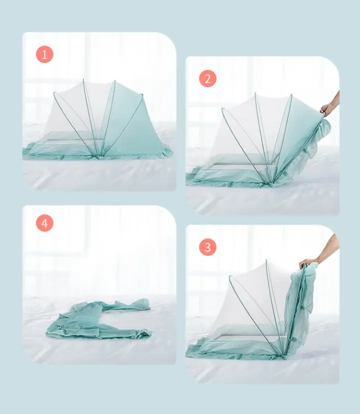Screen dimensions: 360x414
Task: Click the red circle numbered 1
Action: point(44,54)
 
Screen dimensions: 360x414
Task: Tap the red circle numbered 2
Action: point(207,78)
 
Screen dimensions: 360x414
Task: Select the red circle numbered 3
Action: point(207,247)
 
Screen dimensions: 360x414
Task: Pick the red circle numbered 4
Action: point(44,223)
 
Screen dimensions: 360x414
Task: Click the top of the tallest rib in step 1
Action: point(83,79)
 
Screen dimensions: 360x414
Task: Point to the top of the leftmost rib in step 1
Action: point(54,93)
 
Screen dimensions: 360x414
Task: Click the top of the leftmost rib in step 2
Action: point(223,109)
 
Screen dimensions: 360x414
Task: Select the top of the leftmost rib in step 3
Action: point(230,277)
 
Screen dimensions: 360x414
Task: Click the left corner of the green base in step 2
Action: point(187,181)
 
